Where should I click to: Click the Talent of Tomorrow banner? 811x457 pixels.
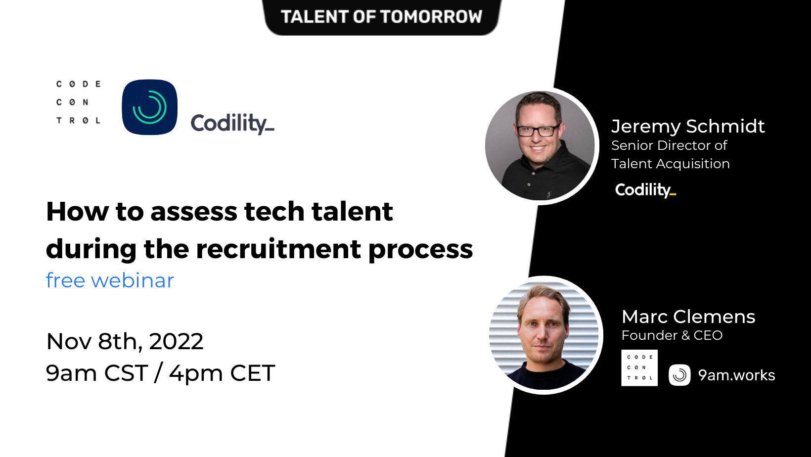381,16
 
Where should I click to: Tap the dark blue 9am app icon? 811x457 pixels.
149,107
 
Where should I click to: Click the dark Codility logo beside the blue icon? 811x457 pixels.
232,123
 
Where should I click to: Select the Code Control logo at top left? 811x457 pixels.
78,102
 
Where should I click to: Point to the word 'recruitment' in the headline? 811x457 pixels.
278,249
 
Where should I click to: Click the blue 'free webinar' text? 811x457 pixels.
110,280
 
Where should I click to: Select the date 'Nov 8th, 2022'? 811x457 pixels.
125,341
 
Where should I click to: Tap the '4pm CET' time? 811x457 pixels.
222,373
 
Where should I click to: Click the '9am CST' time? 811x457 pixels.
97,373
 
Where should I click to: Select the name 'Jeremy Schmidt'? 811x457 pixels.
688,126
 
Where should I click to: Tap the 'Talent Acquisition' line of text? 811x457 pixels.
670,164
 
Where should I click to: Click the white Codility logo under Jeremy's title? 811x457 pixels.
645,190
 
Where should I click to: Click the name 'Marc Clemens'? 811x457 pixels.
688,317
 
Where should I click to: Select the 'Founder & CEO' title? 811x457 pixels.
672,335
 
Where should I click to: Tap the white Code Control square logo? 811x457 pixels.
639,367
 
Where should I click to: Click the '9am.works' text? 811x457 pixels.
736,375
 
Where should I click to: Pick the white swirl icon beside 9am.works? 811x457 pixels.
679,375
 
